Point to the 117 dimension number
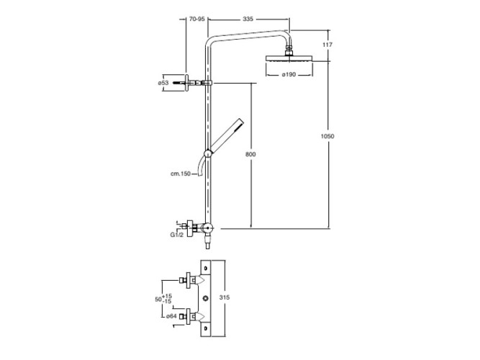click(x=327, y=45)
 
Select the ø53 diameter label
click(x=163, y=83)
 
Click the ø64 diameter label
click(x=171, y=315)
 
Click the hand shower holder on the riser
click(x=208, y=153)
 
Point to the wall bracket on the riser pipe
click(x=196, y=84)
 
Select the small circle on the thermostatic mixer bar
click(x=207, y=297)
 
